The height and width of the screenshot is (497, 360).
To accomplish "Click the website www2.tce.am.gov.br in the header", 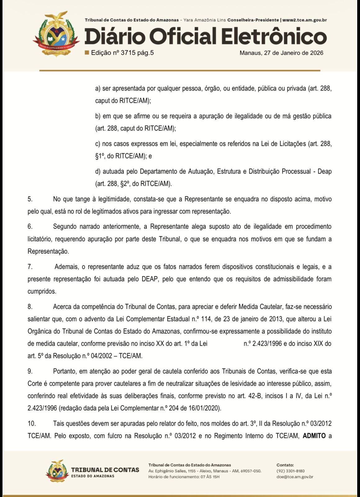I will [304, 20].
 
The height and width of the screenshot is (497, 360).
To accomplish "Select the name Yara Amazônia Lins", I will [205, 20].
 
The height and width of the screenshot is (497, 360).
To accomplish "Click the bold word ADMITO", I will [314, 436].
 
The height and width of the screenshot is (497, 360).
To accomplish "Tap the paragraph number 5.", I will [30, 199].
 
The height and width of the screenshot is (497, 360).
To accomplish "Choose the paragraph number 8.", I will [30, 307].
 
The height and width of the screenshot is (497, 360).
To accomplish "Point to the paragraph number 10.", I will [31, 423].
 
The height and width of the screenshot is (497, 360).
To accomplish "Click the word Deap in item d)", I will [325, 171].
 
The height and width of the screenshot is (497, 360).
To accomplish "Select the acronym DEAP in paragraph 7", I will [150, 279].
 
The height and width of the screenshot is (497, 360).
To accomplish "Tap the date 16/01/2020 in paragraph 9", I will [206, 408].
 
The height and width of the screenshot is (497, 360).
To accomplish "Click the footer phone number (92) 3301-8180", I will [290, 471].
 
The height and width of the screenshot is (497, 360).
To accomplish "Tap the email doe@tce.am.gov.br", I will [295, 477].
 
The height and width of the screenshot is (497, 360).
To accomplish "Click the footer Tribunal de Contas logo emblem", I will [57, 471].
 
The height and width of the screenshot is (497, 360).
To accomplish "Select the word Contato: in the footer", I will [285, 465].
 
